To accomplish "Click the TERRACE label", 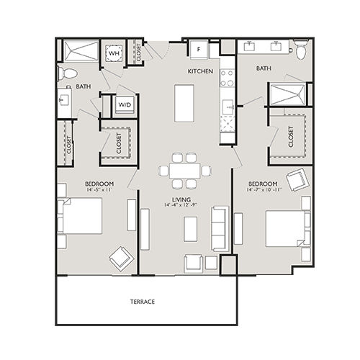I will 142,301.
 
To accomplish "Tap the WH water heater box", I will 114,53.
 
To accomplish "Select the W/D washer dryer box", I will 125,105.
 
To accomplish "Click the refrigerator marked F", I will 199,49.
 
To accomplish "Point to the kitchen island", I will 184,103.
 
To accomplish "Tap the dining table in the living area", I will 186,171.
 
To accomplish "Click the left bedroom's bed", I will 80,215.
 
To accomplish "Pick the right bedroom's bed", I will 287,228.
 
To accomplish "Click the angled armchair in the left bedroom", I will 120,256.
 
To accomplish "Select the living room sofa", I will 220,229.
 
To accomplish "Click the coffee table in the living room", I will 190,229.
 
